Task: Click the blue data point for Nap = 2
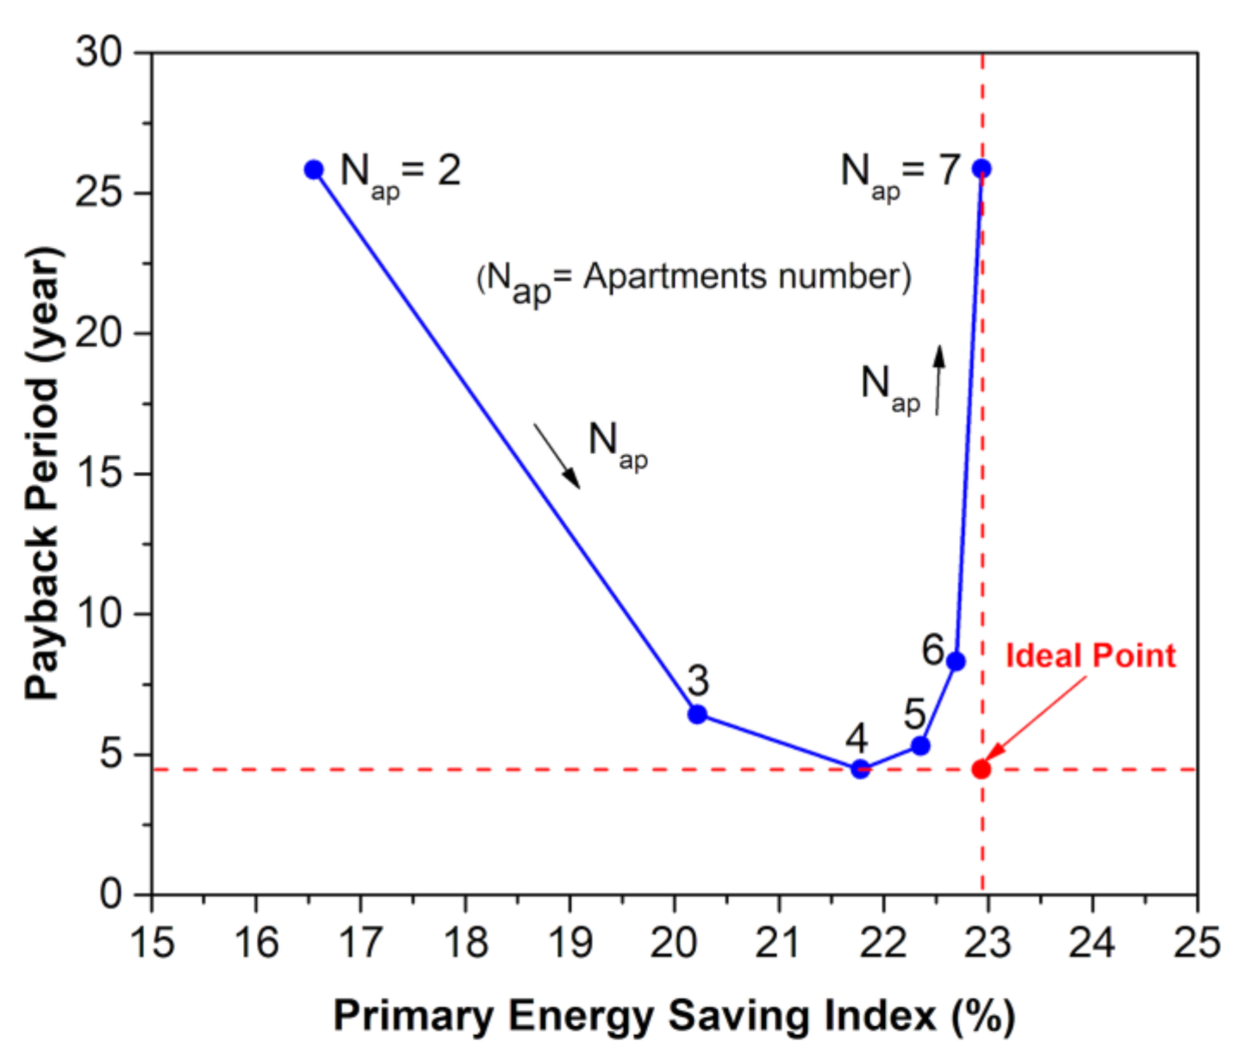(x=314, y=170)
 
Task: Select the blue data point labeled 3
(x=697, y=714)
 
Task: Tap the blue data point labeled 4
(x=859, y=769)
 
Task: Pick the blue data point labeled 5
(x=920, y=745)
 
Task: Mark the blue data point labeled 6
(x=955, y=661)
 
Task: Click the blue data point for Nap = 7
(x=981, y=169)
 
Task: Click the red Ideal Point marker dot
(x=981, y=769)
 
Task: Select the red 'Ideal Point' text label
(x=1090, y=656)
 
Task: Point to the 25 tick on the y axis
(x=99, y=192)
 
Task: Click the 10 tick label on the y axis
(x=99, y=613)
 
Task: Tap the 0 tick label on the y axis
(x=110, y=894)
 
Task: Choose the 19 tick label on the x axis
(x=570, y=942)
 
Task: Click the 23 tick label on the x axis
(x=987, y=942)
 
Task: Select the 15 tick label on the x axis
(x=152, y=942)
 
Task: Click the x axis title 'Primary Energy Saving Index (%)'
(x=674, y=1016)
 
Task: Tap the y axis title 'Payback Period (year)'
(x=43, y=473)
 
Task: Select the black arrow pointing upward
(x=939, y=380)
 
